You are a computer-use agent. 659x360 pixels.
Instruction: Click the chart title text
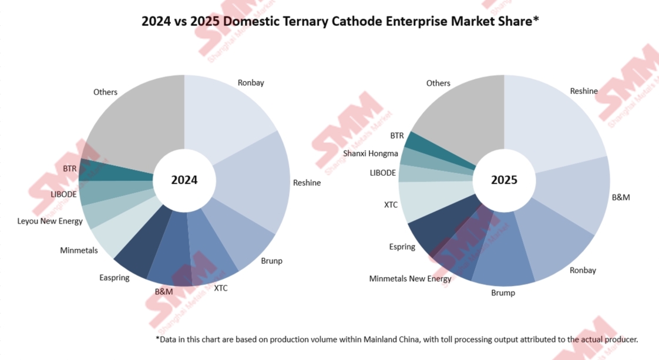(x=340, y=22)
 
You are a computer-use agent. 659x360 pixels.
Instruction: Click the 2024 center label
(x=184, y=180)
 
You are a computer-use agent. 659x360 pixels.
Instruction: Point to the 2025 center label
(x=504, y=180)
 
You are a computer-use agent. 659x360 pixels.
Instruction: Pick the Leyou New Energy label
(x=50, y=221)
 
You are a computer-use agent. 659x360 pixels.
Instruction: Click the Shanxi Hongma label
(x=371, y=154)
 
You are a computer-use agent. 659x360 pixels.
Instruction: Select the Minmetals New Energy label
(x=410, y=278)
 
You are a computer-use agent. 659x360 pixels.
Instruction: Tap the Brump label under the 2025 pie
(x=503, y=292)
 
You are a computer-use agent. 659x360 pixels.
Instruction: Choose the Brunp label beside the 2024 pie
(x=271, y=261)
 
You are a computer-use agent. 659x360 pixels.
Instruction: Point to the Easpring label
(x=115, y=277)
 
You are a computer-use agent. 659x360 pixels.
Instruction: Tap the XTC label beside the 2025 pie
(x=391, y=205)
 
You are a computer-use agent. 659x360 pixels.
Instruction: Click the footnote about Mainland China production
(x=396, y=339)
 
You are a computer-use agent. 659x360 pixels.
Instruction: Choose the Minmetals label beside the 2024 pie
(x=79, y=251)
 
